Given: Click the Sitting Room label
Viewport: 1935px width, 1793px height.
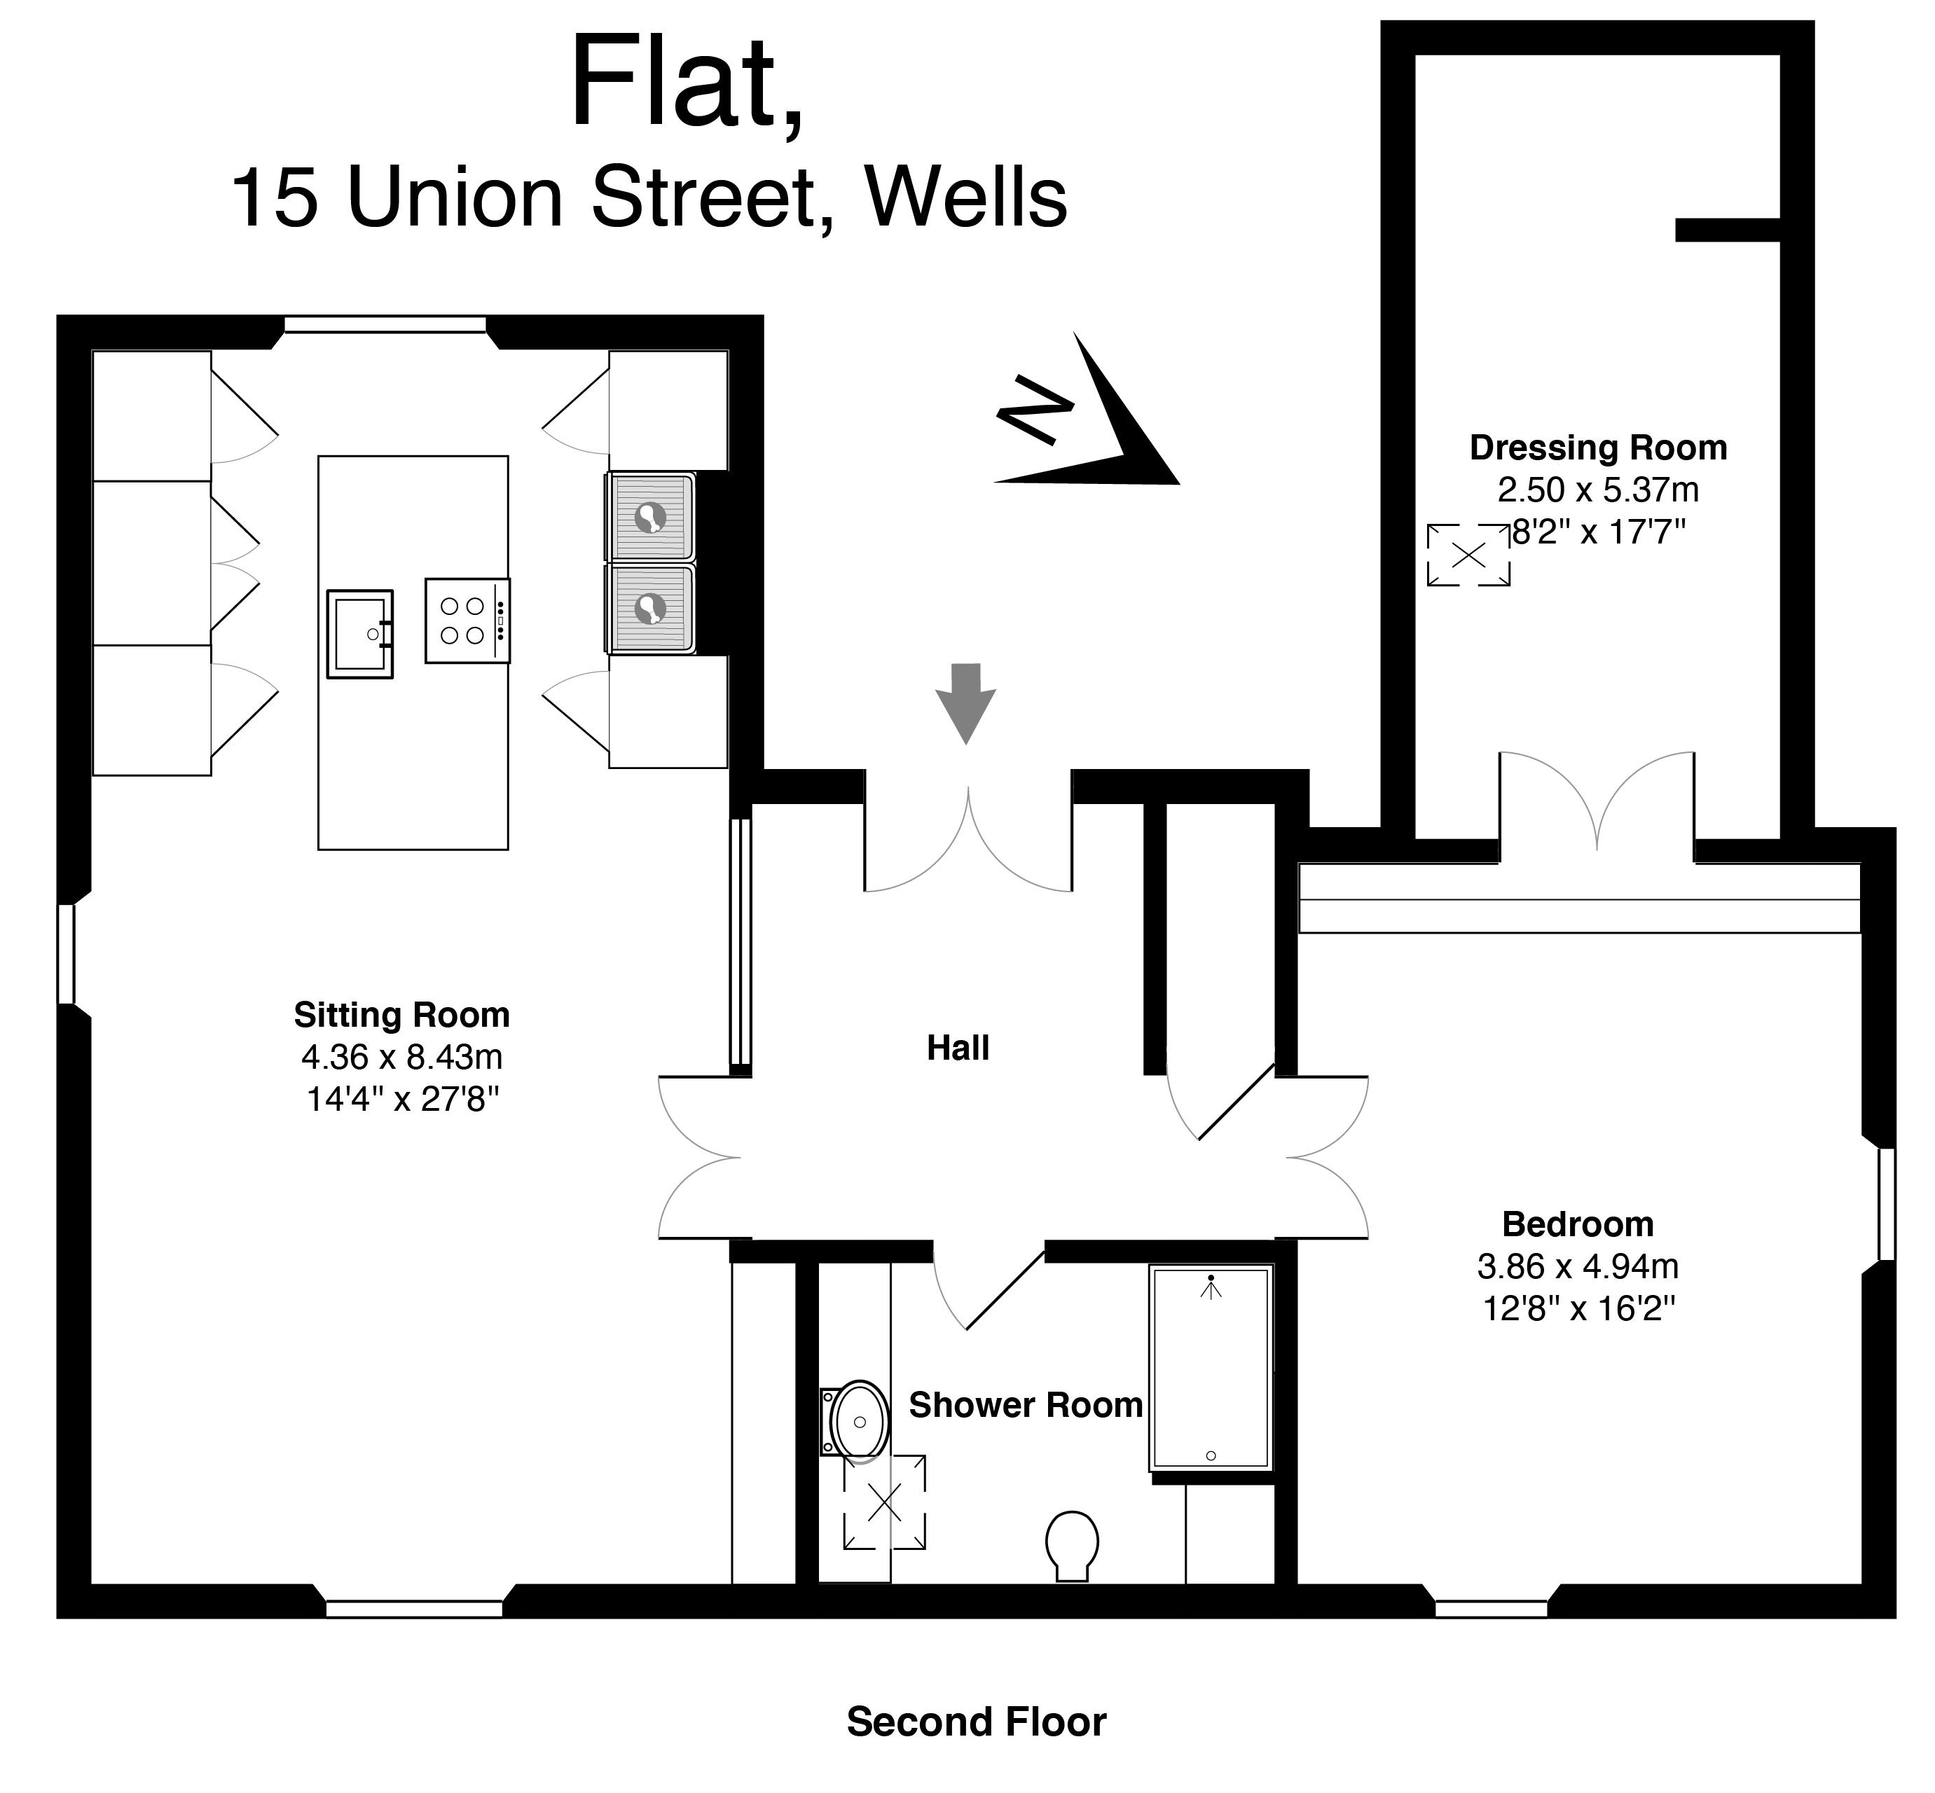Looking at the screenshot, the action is click(x=401, y=1015).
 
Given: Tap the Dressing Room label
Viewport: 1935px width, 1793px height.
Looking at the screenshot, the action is click(x=1598, y=448).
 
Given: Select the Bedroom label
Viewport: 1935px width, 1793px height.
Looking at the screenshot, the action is click(x=1578, y=1224).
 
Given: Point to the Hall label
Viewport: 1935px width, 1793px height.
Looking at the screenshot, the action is click(x=958, y=1048).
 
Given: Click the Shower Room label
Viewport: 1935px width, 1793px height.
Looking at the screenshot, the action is click(x=1026, y=1405).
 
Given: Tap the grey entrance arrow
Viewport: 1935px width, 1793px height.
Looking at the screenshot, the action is click(x=965, y=703).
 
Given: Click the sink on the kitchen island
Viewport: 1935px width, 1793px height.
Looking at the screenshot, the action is click(x=360, y=634).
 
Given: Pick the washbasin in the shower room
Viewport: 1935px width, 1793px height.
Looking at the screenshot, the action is click(x=856, y=1420).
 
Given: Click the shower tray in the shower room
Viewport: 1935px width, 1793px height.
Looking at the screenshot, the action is click(x=1210, y=1367).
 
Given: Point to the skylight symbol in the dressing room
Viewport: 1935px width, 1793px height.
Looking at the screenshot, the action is click(x=1468, y=555).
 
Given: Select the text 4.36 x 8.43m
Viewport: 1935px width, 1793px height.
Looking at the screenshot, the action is click(x=401, y=1057).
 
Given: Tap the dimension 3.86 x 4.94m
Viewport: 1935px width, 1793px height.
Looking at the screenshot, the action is click(x=1578, y=1266).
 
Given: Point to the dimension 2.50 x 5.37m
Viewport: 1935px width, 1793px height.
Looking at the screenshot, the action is click(x=1598, y=490).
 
